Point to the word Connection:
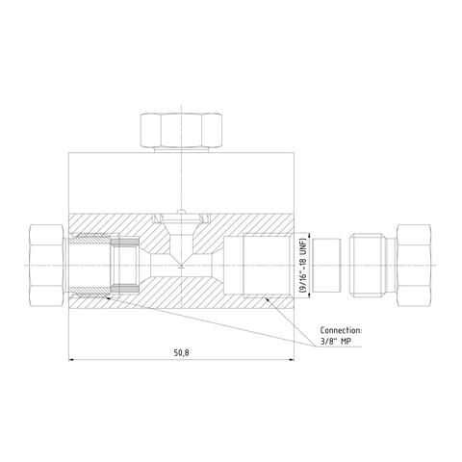point(340,328)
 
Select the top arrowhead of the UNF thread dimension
point(307,234)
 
